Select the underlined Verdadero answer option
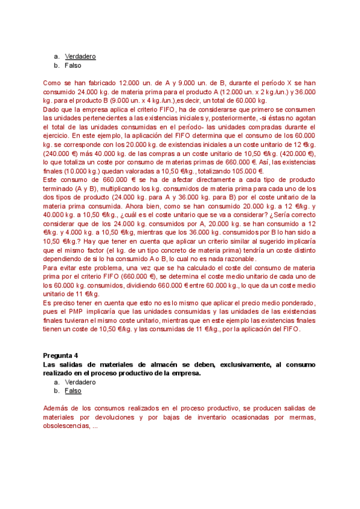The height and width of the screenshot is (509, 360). pyautogui.click(x=80, y=56)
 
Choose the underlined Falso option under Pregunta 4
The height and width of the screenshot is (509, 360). pyautogui.click(x=73, y=390)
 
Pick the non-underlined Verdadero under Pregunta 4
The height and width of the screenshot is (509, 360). pyautogui.click(x=80, y=382)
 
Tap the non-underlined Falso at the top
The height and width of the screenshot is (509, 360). pyautogui.click(x=73, y=65)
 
